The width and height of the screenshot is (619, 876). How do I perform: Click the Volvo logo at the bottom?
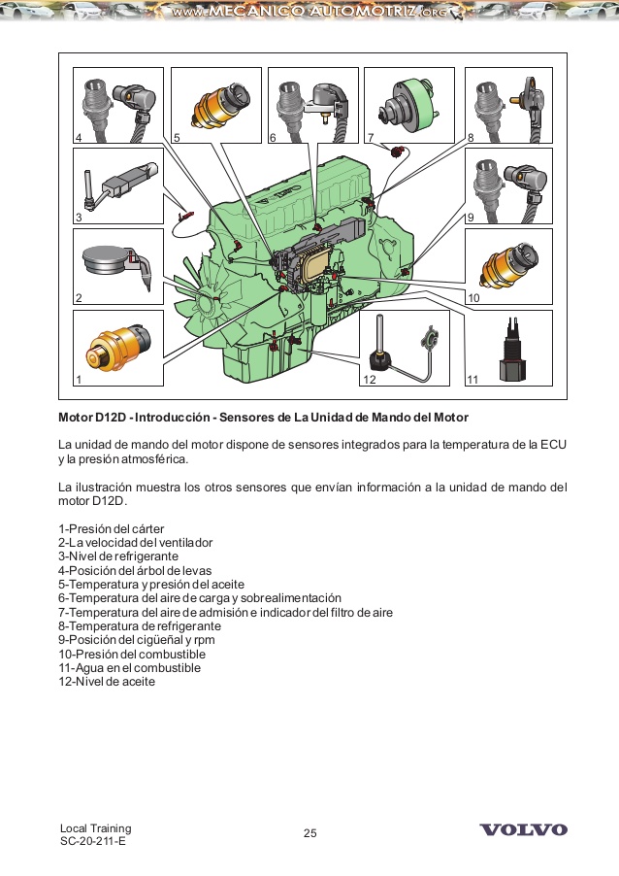click(524, 830)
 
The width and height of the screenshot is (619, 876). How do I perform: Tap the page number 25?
click(310, 833)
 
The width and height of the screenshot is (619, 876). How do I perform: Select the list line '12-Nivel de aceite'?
click(107, 682)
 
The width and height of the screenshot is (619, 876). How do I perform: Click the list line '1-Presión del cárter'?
click(111, 528)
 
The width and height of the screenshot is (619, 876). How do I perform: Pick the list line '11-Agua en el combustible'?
click(129, 668)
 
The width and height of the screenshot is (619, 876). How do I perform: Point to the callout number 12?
click(370, 380)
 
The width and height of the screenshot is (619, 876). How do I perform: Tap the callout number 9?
click(470, 218)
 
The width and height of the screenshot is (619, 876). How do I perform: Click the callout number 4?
click(79, 138)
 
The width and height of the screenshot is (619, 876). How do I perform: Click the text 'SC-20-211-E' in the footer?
click(92, 841)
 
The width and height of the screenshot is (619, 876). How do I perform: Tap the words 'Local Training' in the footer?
click(95, 827)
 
